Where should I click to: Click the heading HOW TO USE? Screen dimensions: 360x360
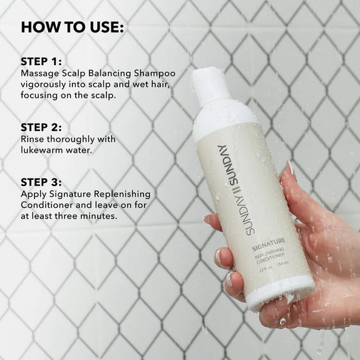pyautogui.click(x=73, y=28)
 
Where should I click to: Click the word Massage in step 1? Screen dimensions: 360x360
pyautogui.click(x=41, y=75)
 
